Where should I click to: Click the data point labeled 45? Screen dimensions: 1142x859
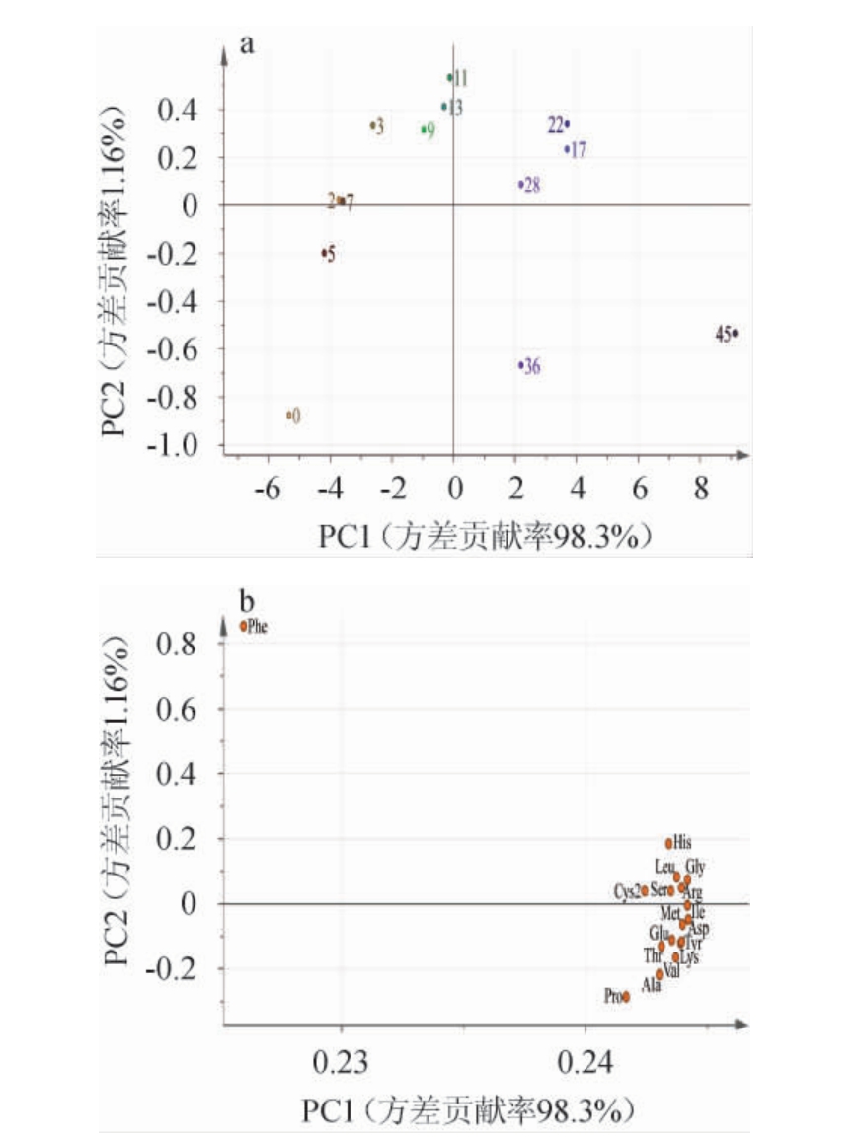(x=736, y=333)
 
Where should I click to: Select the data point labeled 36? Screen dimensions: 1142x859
(x=520, y=365)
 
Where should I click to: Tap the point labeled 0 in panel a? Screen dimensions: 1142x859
(x=289, y=415)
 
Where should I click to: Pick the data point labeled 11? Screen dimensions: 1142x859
(x=449, y=77)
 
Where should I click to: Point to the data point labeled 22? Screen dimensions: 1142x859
(x=567, y=123)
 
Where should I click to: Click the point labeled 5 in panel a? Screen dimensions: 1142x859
(x=324, y=254)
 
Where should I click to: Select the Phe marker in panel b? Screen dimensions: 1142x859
(x=244, y=625)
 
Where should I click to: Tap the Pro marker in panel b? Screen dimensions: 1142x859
(x=626, y=996)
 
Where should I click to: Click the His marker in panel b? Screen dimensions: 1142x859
(x=668, y=843)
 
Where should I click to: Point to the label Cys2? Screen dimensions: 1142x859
(x=628, y=891)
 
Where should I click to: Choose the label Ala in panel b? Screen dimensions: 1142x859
(x=651, y=985)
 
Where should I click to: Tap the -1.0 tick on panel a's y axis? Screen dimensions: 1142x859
(x=177, y=446)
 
